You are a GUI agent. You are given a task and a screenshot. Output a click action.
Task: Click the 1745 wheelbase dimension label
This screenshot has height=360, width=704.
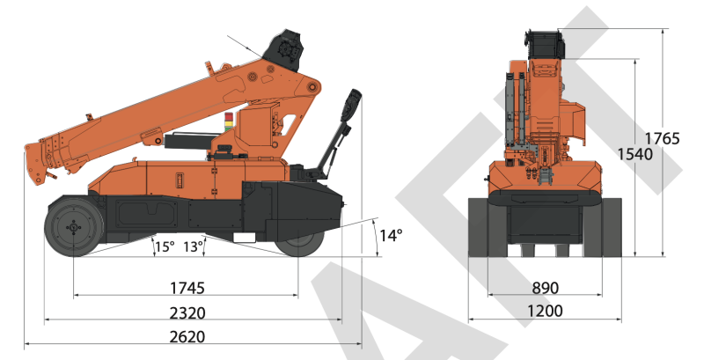click(x=187, y=288)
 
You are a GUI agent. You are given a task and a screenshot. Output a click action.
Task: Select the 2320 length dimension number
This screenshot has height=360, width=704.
click(x=187, y=312)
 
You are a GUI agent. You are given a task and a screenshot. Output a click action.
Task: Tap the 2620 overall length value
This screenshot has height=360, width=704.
click(x=187, y=336)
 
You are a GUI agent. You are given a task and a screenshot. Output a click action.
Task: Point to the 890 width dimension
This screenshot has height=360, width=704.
click(x=545, y=288)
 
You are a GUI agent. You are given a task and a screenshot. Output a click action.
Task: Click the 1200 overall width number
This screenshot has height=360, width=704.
click(x=545, y=311)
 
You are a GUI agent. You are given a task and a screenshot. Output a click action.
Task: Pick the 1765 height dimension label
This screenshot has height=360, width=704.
click(x=663, y=138)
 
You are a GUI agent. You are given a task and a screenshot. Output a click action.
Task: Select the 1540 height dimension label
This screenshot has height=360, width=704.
click(x=634, y=154)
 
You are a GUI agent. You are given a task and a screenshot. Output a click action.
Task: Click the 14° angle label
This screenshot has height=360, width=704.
click(x=391, y=235)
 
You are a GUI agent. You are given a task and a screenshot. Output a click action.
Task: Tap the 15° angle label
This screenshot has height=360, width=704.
click(x=165, y=246)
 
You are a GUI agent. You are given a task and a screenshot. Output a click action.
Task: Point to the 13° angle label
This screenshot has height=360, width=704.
click(x=194, y=246)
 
